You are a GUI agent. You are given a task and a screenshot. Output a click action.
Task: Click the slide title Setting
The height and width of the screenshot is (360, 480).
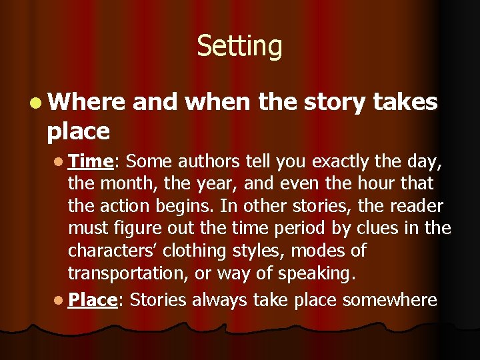pyautogui.click(x=239, y=47)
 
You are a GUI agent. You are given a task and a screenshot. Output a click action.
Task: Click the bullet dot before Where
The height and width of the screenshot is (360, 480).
pyautogui.click(x=37, y=103)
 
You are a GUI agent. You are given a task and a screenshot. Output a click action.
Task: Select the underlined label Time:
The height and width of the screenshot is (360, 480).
pyautogui.click(x=93, y=161)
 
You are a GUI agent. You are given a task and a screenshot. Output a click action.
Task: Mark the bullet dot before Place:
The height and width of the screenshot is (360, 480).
pyautogui.click(x=59, y=300)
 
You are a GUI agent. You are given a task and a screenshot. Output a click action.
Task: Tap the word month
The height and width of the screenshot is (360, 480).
pyautogui.click(x=120, y=183)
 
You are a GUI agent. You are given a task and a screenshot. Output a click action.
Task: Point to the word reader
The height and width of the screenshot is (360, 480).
pyautogui.click(x=418, y=206)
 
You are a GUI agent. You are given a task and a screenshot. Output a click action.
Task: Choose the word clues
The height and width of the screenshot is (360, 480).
pyautogui.click(x=394, y=229)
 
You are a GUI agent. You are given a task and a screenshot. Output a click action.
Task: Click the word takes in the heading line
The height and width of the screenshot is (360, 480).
pyautogui.click(x=405, y=102)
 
